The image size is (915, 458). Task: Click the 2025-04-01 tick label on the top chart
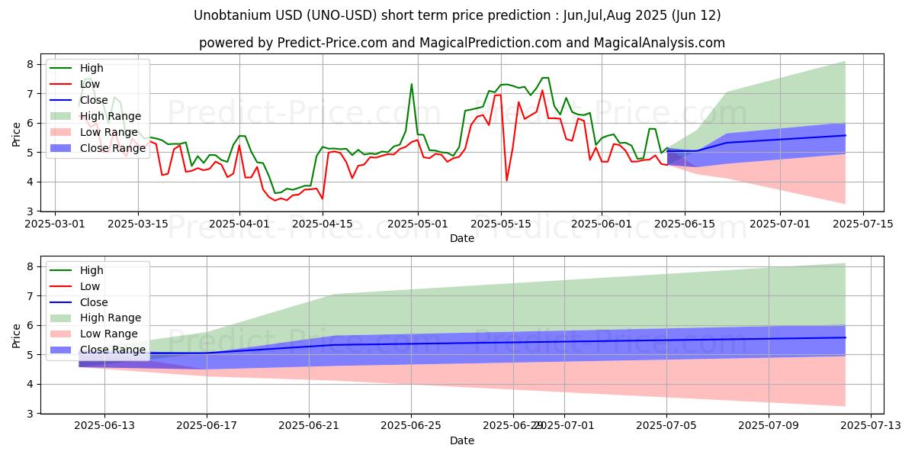click(239, 224)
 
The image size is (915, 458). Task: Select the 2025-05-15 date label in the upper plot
click(500, 224)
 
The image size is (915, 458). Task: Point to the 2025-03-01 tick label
click(55, 224)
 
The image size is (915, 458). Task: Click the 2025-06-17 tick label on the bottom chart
click(207, 427)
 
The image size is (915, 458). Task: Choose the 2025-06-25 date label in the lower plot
click(411, 427)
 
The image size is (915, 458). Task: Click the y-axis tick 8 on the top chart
click(32, 64)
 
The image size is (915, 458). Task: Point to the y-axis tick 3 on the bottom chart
click(32, 414)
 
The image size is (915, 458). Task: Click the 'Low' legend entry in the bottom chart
click(90, 286)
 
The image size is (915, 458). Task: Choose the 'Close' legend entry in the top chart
click(94, 100)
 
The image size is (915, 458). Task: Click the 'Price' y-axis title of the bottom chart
click(16, 335)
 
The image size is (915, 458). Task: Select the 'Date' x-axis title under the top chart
click(462, 238)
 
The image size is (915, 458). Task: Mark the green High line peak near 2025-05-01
click(412, 84)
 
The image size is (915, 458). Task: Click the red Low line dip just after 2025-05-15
click(506, 181)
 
